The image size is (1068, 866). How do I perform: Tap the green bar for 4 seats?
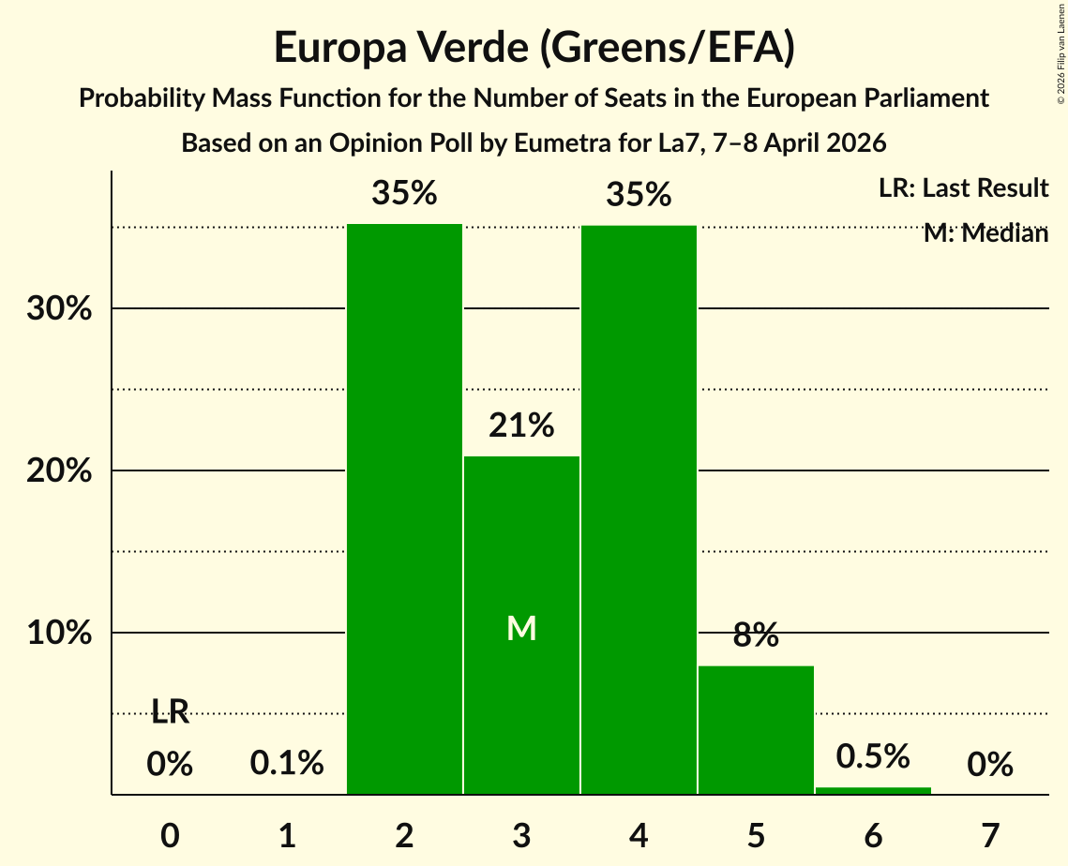pyautogui.click(x=639, y=510)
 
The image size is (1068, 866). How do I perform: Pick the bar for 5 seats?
pyautogui.click(x=756, y=730)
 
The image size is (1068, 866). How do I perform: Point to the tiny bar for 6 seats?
pyautogui.click(x=873, y=791)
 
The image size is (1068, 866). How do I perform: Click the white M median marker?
pyautogui.click(x=521, y=629)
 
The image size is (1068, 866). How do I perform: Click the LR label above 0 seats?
pyautogui.click(x=170, y=713)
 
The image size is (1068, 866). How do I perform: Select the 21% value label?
pyautogui.click(x=521, y=426)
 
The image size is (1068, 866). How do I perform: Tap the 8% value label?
pyautogui.click(x=756, y=635)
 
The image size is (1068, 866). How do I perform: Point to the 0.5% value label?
pyautogui.click(x=873, y=755)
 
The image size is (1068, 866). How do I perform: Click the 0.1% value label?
pyautogui.click(x=287, y=764)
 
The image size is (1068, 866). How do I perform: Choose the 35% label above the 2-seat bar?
pyautogui.click(x=404, y=194)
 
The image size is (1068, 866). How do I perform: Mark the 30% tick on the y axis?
pyautogui.click(x=59, y=309)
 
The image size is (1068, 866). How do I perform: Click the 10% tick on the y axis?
pyautogui.click(x=59, y=634)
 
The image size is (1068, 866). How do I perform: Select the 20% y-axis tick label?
pyautogui.click(x=59, y=471)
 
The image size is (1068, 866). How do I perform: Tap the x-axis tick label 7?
pyautogui.click(x=990, y=834)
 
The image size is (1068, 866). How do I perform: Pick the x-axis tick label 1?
pyautogui.click(x=287, y=834)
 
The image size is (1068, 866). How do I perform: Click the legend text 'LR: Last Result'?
pyautogui.click(x=963, y=188)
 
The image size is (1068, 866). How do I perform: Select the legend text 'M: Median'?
pyautogui.click(x=985, y=233)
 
